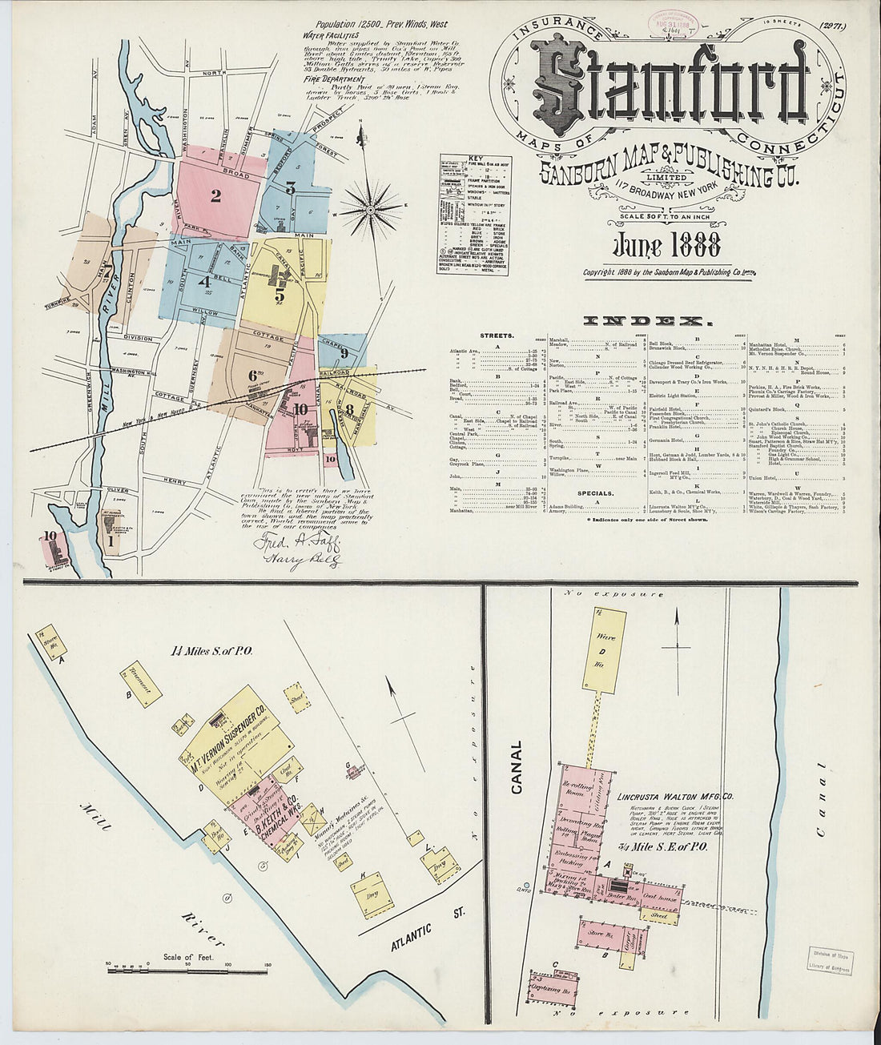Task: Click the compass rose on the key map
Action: [369, 210]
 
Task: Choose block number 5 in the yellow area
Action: [280, 294]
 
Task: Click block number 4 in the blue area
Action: [205, 281]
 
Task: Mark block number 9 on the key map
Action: [344, 353]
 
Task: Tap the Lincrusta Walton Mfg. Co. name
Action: [676, 798]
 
